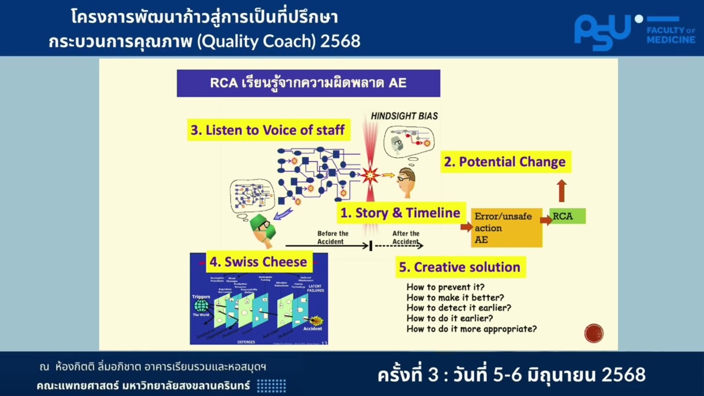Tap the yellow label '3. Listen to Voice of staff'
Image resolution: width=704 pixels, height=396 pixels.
pos(268,130)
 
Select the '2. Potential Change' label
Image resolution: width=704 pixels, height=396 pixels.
pos(505,162)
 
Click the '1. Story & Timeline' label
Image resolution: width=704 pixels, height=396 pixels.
pos(400,213)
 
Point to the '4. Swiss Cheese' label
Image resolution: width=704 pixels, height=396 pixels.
pos(258,262)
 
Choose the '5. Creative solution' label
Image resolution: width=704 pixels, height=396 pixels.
pos(460,267)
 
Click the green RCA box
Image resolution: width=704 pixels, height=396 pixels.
pos(567,216)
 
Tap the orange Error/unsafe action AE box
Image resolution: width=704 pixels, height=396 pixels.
pos(506,228)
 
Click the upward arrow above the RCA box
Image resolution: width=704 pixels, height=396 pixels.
pos(561,190)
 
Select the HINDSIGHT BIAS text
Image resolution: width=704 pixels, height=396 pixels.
pos(404,116)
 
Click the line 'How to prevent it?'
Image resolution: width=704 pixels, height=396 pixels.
pos(446,287)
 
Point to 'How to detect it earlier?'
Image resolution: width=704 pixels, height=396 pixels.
pos(459,308)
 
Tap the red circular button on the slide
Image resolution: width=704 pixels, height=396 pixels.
pos(594,333)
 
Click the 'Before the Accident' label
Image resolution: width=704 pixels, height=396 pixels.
pos(333,238)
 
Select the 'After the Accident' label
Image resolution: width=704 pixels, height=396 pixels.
pos(406,238)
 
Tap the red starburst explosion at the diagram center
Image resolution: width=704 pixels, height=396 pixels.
pos(370,175)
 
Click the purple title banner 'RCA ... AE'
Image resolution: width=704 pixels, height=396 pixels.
pos(308,84)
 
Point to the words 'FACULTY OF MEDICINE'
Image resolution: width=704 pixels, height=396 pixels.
pos(670,35)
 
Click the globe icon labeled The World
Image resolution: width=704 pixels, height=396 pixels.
pos(201,306)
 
